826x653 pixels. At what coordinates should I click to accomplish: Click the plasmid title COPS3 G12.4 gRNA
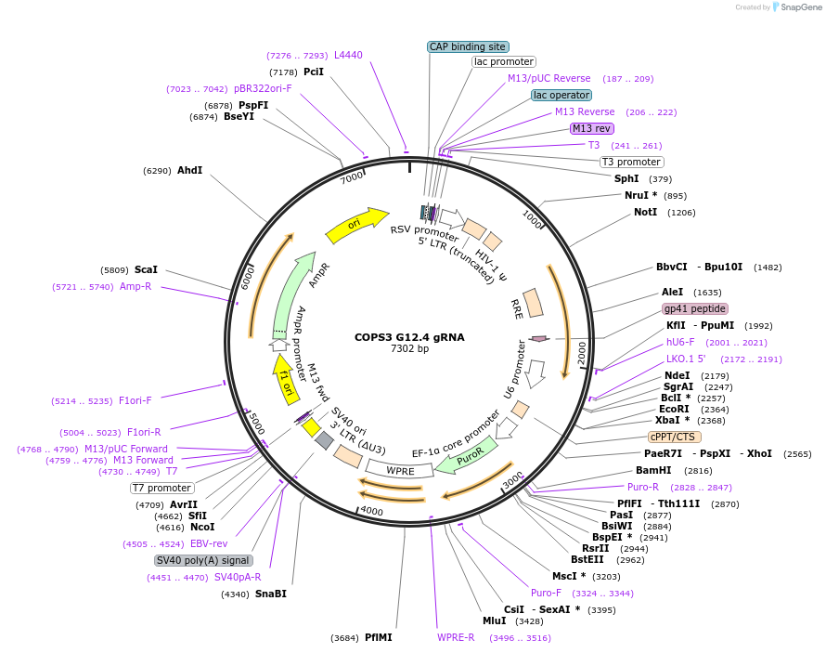[409, 337]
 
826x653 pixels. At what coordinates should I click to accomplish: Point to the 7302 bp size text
[409, 349]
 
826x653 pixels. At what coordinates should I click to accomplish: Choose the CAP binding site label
[467, 46]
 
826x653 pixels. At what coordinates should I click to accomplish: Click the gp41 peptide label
[695, 308]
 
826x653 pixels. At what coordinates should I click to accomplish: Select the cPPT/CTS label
[675, 437]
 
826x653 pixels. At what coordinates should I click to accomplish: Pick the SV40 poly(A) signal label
[203, 560]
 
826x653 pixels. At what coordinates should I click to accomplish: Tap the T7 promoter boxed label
[161, 488]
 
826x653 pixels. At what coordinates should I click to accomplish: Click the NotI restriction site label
[645, 213]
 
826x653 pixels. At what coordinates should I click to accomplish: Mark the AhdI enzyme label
[189, 171]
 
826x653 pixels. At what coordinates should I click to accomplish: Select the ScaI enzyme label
[146, 270]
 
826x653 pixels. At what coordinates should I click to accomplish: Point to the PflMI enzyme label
[378, 638]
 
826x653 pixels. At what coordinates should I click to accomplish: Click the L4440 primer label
[348, 56]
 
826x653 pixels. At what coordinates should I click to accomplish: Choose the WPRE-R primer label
[456, 638]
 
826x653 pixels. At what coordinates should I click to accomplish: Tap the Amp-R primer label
[136, 287]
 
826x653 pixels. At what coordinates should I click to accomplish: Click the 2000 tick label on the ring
[582, 352]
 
